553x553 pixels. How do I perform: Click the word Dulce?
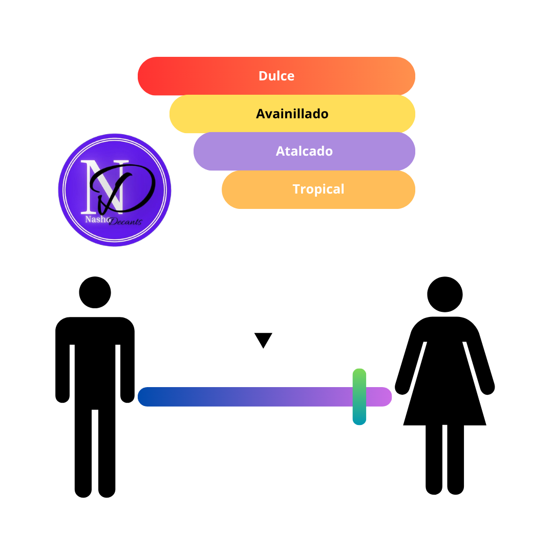coord(276,76)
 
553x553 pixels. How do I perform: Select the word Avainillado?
coord(292,114)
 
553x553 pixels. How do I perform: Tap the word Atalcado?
coord(304,151)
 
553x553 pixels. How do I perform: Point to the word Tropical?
coord(318,189)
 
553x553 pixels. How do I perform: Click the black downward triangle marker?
coord(263,339)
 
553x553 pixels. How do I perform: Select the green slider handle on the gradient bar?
coord(359,397)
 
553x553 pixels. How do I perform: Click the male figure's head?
coord(95,292)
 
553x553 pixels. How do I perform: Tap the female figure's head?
coord(445,294)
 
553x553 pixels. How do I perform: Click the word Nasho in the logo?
coord(97,219)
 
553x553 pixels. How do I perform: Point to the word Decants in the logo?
coord(125,222)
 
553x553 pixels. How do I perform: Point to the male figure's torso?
coord(95,363)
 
